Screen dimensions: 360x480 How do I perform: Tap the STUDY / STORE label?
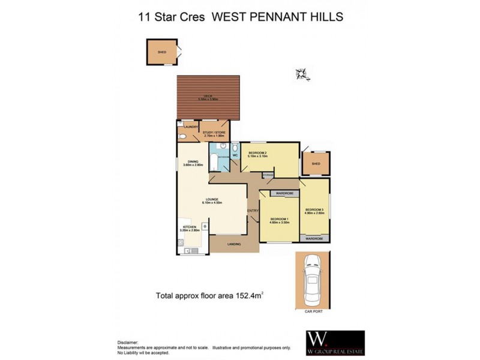pyautogui.click(x=214, y=133)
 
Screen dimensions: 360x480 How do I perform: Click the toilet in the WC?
pyautogui.click(x=235, y=148)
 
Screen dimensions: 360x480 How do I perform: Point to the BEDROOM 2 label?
pyautogui.click(x=258, y=154)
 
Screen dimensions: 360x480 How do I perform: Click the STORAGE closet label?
pyautogui.click(x=268, y=175)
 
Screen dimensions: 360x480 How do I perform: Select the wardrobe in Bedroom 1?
pyautogui.click(x=280, y=193)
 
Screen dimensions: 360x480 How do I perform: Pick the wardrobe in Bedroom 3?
pyautogui.click(x=314, y=238)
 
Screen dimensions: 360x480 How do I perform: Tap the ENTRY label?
pyautogui.click(x=252, y=210)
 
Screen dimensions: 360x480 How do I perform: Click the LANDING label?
pyautogui.click(x=234, y=244)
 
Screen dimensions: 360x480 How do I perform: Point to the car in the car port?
pyautogui.click(x=312, y=279)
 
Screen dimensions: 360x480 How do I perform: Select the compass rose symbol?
pyautogui.click(x=302, y=74)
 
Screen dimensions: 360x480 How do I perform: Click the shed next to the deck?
pyautogui.click(x=162, y=52)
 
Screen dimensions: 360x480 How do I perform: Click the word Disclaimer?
pyautogui.click(x=127, y=340)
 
